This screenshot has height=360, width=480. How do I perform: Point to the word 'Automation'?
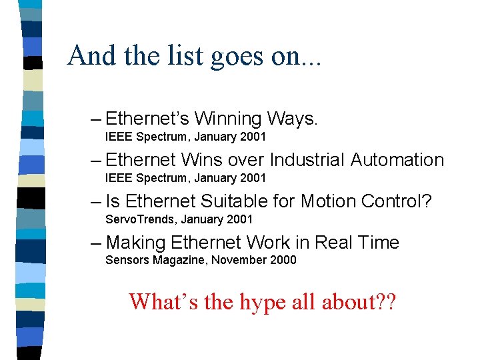tap(397, 160)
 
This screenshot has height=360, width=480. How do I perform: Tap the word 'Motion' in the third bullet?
tap(330, 201)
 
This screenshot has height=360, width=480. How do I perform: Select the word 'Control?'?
tap(397, 201)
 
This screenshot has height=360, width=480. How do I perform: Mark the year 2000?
tap(283, 260)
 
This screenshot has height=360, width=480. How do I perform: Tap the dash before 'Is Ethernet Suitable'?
tap(95, 201)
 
